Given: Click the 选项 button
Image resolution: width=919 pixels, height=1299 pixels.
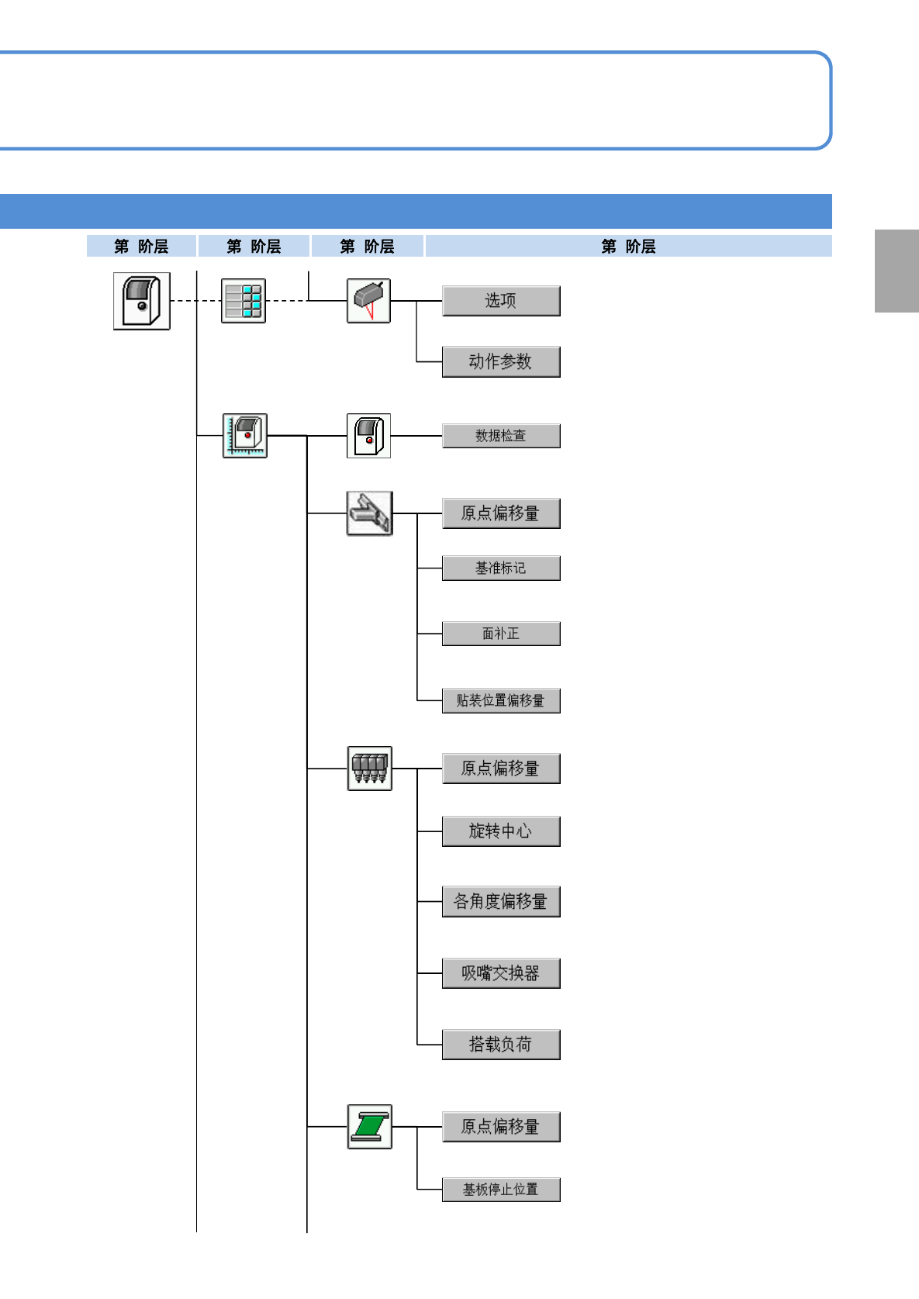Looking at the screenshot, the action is coord(501,301).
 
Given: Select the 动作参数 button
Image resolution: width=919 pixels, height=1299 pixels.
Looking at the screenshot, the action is coord(501,361).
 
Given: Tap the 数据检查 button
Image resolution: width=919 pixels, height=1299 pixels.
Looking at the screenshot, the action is coord(501,436).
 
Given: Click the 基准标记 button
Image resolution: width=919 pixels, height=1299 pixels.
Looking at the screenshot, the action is coord(501,568).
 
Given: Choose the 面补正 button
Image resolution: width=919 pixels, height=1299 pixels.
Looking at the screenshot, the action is coord(501,634).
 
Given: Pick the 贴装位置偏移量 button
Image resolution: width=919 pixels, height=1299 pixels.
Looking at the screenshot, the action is coord(501,700).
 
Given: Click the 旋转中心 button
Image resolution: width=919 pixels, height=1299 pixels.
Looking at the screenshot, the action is coord(501,831).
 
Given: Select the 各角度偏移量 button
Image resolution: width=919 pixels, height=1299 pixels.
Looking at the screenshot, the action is coord(501,902).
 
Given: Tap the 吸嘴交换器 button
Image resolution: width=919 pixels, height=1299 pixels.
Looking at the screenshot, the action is coord(501,973).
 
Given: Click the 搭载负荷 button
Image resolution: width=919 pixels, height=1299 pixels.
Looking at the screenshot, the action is coord(501,1045).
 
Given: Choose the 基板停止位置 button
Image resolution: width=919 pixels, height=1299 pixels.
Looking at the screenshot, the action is coord(501,1190).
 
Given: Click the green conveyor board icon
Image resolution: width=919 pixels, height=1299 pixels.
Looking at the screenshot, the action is coord(369,1127).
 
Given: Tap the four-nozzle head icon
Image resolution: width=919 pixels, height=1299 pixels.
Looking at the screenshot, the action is coord(369,769).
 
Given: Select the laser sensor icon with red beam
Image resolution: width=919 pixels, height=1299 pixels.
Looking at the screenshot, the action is coord(368,301).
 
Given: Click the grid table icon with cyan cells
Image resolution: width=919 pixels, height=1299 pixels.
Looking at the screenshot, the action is coord(244,301).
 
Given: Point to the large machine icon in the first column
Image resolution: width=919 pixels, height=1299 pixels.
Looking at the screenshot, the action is coord(142,301).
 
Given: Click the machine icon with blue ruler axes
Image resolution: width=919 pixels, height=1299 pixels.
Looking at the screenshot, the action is coord(245,436).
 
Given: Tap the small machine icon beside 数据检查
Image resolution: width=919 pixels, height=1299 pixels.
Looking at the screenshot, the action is coord(368,436).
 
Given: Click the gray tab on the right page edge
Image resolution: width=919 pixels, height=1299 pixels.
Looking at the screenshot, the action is coord(897,271).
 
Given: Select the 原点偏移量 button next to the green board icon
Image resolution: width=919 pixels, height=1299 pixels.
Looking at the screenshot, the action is coord(501,1127).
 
